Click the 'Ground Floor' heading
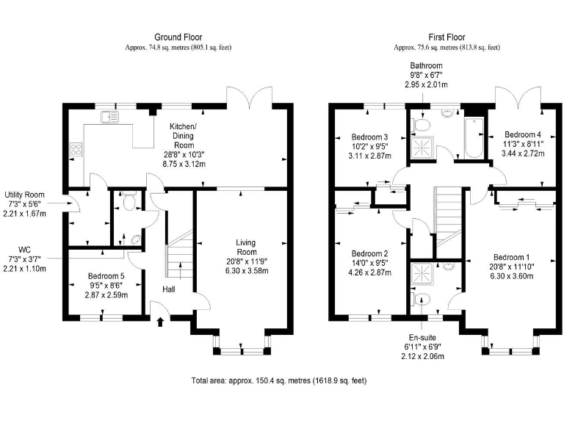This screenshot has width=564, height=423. click(178, 37)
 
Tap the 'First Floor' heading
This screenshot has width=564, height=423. click(447, 37)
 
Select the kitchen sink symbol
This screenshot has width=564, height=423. click(112, 116)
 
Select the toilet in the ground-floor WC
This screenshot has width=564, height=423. click(129, 200)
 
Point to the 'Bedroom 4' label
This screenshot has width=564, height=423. click(522, 135)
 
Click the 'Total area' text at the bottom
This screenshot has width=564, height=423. click(278, 381)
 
